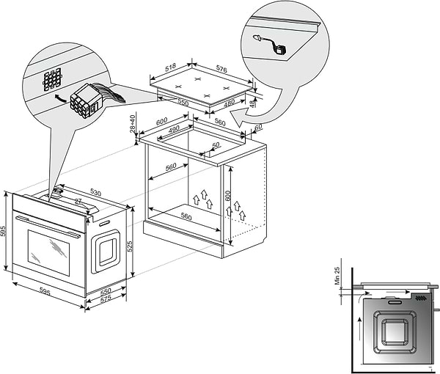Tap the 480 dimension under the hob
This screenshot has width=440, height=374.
tap(230, 103)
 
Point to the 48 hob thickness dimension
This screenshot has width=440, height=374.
tap(254, 103)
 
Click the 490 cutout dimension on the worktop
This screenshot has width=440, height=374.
tap(174, 130)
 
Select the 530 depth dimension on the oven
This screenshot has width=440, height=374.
tap(95, 193)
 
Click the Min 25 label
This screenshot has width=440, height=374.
tap(337, 275)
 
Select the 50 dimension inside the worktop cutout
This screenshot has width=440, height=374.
tap(216, 145)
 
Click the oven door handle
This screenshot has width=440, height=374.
tap(48, 224)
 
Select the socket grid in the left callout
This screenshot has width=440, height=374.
tap(54, 80)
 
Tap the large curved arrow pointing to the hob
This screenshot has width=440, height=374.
tap(279, 103)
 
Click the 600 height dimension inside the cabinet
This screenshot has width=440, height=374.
tap(228, 196)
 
